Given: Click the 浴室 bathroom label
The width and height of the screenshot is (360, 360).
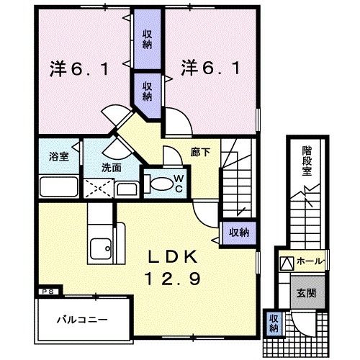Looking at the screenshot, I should (x=59, y=156).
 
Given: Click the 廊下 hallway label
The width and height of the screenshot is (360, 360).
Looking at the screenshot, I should (x=199, y=153).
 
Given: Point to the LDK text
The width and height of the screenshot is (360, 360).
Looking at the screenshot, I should (x=180, y=257).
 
